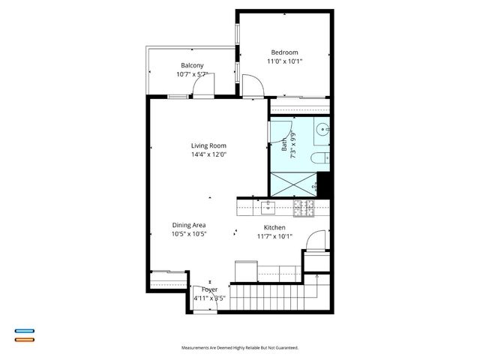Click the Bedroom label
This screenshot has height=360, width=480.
click(284, 52)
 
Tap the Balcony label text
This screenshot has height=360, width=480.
click(192, 65)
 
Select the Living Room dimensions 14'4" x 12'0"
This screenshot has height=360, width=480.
click(208, 154)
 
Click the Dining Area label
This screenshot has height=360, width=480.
click(189, 225)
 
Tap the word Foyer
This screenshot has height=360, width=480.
click(209, 289)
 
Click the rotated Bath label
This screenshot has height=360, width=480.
click(284, 140)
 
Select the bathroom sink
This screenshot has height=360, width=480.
click(322, 129)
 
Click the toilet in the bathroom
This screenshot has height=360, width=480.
click(319, 158)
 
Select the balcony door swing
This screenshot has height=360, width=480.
click(201, 88)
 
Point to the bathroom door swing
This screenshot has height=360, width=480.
click(277, 132)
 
